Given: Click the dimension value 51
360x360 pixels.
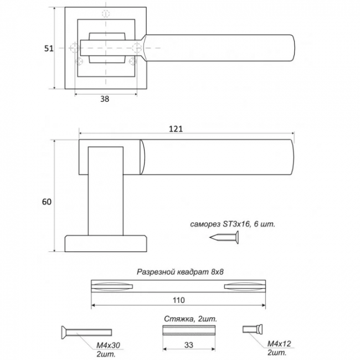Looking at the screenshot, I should coord(49,48).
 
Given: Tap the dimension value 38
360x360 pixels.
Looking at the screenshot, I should coord(105,99).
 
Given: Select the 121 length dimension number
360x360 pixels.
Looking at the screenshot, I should coord(176,128).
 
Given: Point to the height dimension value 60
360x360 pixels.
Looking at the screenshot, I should coord(47,202).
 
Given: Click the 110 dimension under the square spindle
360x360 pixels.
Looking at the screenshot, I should coord(178,300).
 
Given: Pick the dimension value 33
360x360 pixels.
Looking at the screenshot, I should coord(189,344).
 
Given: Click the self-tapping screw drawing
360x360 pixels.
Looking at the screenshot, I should coord(225,239).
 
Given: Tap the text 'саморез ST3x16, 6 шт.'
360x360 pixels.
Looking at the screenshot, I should coord(232,224).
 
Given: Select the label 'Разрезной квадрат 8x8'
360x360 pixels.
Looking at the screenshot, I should coord(183,272).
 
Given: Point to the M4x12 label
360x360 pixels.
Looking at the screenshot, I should coord(279,344).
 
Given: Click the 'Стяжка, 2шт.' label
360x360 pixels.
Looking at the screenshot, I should coord(190,319).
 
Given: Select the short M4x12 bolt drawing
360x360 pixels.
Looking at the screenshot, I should coord(251,330).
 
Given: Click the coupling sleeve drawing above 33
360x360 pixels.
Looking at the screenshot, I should coord(189,331).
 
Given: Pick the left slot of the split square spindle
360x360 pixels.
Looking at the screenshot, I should coord(113,286).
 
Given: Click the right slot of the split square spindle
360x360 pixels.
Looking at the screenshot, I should coord(244,286).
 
